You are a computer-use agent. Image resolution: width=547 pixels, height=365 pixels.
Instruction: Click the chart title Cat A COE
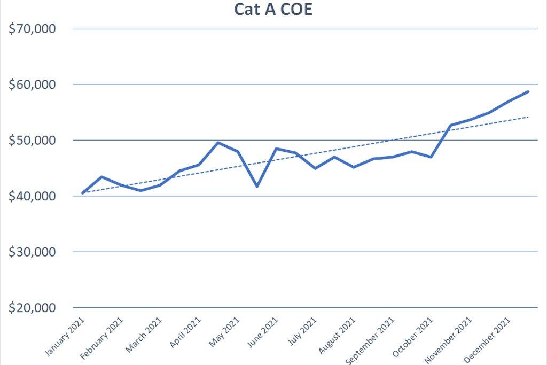coord(273,9)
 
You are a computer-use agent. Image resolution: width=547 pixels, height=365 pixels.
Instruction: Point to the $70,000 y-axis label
coord(33,29)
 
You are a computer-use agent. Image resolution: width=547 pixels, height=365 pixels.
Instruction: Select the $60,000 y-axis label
coord(33,84)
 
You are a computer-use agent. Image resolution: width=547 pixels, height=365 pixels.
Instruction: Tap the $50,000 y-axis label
coord(33,140)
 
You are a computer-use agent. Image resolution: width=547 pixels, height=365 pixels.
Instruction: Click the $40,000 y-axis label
coord(33,196)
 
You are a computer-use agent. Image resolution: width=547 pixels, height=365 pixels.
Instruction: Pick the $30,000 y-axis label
coord(33,252)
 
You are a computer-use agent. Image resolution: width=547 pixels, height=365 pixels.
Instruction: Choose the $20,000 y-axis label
coord(33,308)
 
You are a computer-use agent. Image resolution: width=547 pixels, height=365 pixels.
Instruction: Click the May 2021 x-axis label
coord(224,332)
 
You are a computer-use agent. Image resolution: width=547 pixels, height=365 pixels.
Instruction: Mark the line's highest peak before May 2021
coord(218,143)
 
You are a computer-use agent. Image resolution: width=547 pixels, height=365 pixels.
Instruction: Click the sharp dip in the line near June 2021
coord(257,186)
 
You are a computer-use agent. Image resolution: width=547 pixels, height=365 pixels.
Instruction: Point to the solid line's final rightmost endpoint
coord(528,91)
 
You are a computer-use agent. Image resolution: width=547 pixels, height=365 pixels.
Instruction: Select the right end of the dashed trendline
coord(528,117)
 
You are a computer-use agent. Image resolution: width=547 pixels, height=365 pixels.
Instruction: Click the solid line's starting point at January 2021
coord(83,193)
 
